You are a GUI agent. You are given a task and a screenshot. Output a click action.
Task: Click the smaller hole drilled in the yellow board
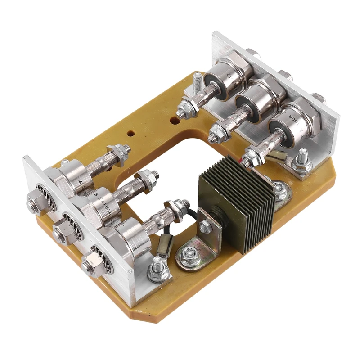pyautogui.click(x=130, y=134)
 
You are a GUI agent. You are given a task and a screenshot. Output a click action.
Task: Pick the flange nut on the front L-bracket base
pyautogui.click(x=187, y=256)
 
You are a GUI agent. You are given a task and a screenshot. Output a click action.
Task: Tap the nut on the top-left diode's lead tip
pyautogui.click(x=119, y=150)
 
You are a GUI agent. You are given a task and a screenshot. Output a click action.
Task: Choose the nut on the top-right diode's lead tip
pyautogui.click(x=184, y=108)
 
